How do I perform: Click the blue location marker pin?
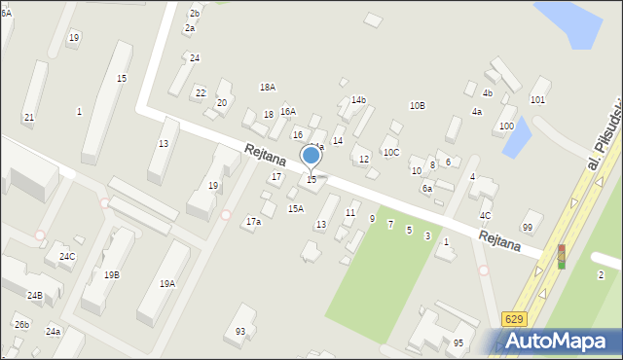[311, 156]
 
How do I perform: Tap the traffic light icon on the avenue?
[561, 256]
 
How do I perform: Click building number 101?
[537, 100]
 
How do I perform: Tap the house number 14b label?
[358, 99]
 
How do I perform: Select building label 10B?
[417, 105]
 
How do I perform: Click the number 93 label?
[240, 332]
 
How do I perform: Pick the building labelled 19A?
[167, 284]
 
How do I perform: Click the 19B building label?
[112, 275]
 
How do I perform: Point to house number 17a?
[253, 222]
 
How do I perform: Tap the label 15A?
[296, 208]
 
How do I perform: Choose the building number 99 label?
[528, 227]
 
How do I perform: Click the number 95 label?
[458, 342]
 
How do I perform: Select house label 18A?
[267, 88]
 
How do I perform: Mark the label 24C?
[66, 257]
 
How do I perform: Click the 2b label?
[195, 13]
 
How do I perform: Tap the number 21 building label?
[29, 118]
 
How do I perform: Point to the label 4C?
[485, 215]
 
